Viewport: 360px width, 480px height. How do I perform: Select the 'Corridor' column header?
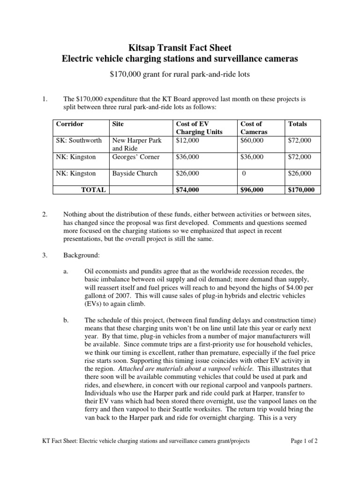coord(70,124)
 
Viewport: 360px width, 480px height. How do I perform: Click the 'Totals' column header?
coord(298,124)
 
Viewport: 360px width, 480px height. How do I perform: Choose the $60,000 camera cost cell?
coord(252,140)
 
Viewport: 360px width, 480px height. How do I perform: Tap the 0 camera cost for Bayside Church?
coord(244,173)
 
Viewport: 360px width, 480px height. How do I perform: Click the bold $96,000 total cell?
coord(252,190)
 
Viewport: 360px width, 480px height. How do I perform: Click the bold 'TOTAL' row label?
coord(93,190)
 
